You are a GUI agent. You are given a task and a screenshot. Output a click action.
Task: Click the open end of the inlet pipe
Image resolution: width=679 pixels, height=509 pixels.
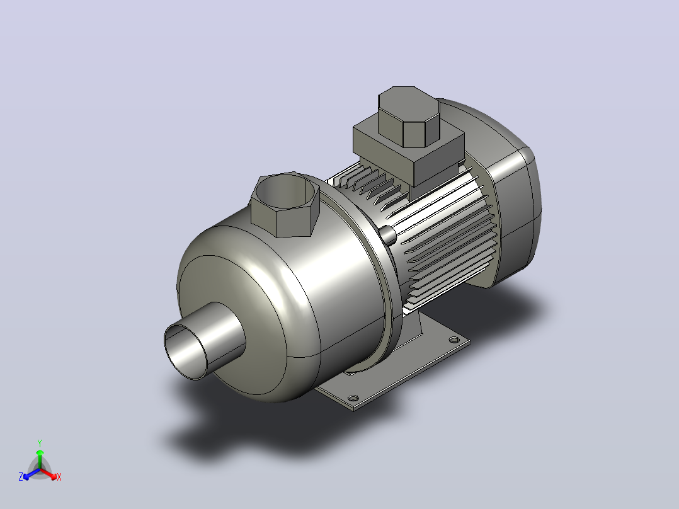click(x=186, y=352)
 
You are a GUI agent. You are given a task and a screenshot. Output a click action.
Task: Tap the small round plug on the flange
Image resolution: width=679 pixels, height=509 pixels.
click(x=388, y=235)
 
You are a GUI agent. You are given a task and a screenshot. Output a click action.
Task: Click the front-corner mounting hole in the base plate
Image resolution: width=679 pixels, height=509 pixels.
click(x=353, y=397)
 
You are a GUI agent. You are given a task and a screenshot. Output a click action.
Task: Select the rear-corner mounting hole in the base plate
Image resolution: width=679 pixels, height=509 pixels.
click(x=454, y=340)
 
